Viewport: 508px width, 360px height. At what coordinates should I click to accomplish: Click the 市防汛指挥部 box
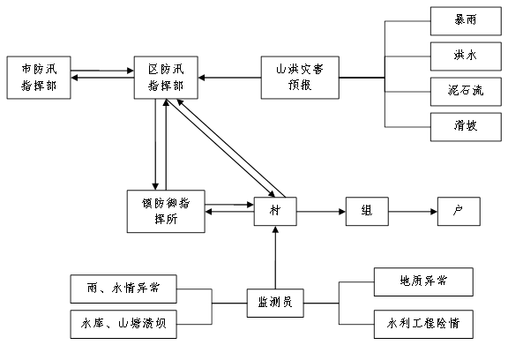click(x=39, y=78)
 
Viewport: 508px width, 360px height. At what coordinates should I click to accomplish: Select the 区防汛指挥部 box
click(x=166, y=78)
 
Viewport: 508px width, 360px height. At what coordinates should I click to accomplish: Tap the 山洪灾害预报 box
click(x=300, y=78)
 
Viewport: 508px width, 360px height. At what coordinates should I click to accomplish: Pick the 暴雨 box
click(x=466, y=21)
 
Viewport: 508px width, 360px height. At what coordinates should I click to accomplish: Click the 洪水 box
click(x=466, y=56)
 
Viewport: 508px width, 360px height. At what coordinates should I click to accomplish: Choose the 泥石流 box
click(x=466, y=92)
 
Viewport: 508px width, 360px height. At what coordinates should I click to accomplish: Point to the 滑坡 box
click(x=466, y=127)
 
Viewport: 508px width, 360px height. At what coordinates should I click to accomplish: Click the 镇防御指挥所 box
click(x=166, y=211)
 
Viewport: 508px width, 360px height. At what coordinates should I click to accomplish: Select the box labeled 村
click(x=275, y=211)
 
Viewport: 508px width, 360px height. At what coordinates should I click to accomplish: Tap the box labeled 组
click(x=367, y=211)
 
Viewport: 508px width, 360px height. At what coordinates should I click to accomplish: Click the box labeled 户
click(x=459, y=211)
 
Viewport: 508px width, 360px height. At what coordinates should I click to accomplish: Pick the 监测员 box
click(x=275, y=303)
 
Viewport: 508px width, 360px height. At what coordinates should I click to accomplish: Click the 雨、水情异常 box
click(x=123, y=289)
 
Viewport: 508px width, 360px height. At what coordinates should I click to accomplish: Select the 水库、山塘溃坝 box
click(x=123, y=325)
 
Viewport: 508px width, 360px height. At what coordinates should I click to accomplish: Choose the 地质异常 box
click(x=423, y=281)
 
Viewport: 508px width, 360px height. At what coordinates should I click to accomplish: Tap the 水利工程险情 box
click(x=423, y=325)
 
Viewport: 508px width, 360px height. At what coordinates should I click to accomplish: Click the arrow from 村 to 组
click(x=321, y=212)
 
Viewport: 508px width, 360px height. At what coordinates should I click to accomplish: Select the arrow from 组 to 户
click(x=413, y=212)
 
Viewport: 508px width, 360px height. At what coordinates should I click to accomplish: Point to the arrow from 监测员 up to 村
click(x=275, y=258)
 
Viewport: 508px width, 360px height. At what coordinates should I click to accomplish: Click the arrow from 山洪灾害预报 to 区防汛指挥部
click(x=229, y=78)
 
